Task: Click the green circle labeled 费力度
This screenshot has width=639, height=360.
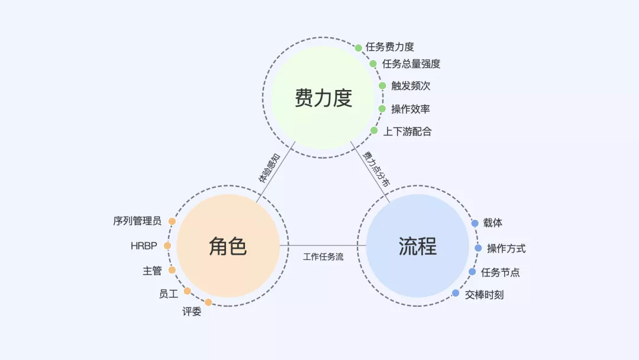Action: [323, 98]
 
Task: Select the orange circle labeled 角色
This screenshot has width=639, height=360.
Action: [228, 246]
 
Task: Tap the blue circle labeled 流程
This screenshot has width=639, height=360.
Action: [417, 246]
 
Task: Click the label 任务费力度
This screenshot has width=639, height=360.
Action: [390, 47]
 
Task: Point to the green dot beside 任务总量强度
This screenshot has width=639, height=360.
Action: [373, 64]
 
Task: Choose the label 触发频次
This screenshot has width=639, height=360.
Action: [411, 86]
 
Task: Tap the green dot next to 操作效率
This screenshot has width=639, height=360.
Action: [382, 109]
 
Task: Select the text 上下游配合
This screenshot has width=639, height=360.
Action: [407, 131]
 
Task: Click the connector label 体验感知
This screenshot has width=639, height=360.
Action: [269, 168]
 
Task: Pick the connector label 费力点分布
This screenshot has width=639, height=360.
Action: [377, 169]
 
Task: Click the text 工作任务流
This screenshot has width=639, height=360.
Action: [323, 257]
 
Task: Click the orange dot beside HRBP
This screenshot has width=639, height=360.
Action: [167, 246]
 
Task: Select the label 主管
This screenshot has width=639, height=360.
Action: [152, 271]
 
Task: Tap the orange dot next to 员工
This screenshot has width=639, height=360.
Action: [187, 291]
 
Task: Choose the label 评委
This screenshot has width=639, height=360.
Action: [192, 311]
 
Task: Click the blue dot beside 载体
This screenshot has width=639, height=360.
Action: [475, 223]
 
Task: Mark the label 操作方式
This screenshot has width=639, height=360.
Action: [506, 248]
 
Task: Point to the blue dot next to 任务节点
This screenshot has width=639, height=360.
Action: [472, 272]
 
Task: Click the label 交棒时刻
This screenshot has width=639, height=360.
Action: [484, 294]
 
